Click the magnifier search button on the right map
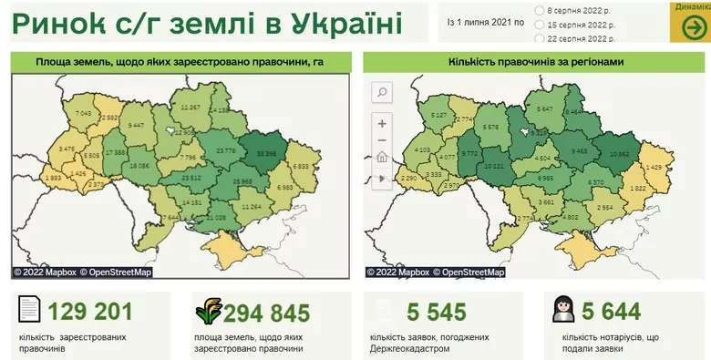[x=381, y=92]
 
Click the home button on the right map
[x=381, y=156]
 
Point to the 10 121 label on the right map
[x=492, y=166]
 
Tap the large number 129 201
[x=90, y=312]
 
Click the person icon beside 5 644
[x=562, y=311]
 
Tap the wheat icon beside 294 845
[x=209, y=312]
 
